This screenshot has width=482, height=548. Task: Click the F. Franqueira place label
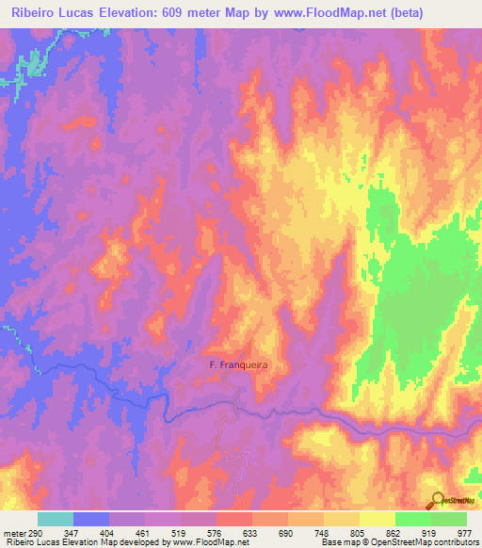pos(231,369)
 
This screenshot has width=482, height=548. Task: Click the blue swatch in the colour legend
pos(91,520)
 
